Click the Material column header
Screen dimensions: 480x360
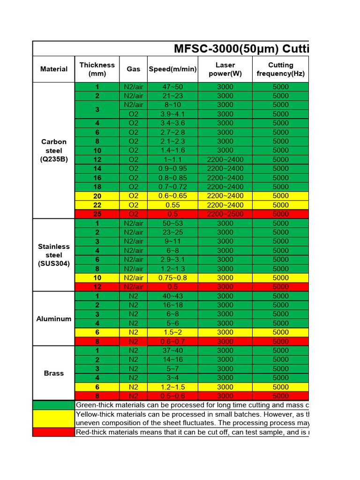pos(54,69)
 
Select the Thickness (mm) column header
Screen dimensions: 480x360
pos(97,69)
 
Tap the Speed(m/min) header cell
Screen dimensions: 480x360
pos(172,69)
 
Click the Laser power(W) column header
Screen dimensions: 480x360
pos(225,69)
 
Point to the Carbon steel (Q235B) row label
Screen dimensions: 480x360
pos(54,150)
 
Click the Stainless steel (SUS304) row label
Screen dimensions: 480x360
pos(54,255)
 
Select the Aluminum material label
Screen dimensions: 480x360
pos(54,319)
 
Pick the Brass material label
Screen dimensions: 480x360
pos(54,373)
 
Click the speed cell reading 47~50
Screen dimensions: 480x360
pos(172,87)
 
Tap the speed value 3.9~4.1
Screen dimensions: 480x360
pos(172,114)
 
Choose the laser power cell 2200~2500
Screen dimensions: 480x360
pos(225,214)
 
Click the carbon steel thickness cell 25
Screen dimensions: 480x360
pos(97,214)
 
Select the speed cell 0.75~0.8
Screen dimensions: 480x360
pos(172,277)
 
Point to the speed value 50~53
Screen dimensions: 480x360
pos(172,223)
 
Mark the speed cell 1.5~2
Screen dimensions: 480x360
pos(172,332)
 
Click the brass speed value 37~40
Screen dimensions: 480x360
pos(172,350)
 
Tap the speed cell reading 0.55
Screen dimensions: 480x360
pos(172,205)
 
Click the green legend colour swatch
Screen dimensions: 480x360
pos(54,405)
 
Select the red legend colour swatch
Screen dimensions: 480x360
pos(54,432)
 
